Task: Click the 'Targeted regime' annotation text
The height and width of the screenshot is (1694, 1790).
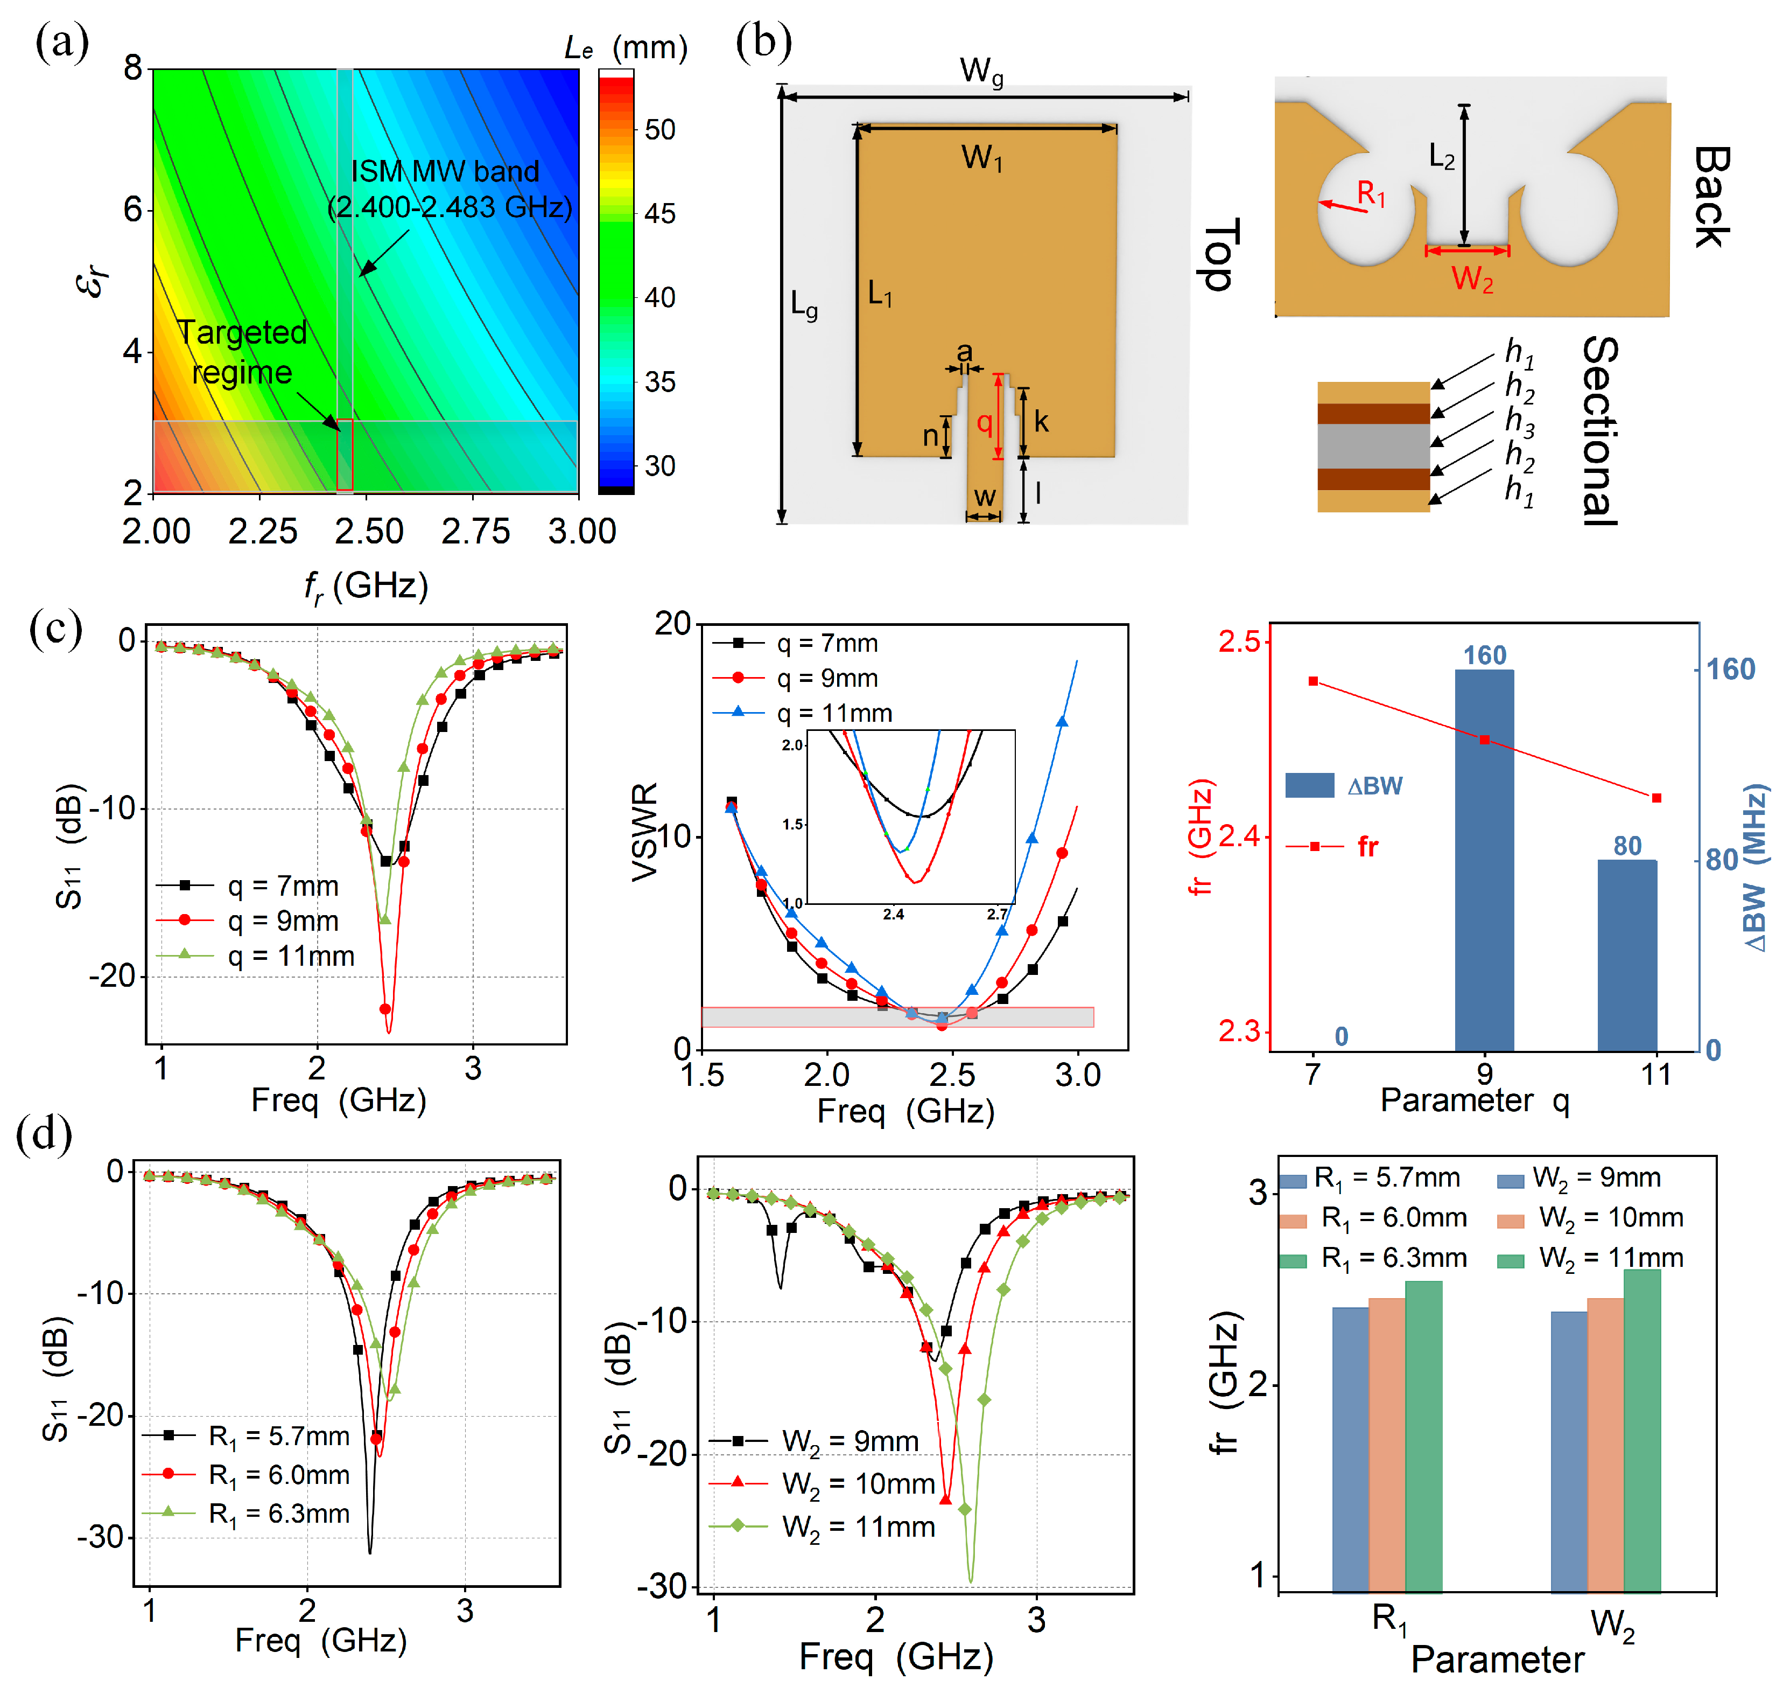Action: click(242, 352)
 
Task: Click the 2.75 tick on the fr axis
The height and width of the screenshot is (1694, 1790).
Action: click(476, 531)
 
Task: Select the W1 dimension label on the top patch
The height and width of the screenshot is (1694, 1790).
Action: click(982, 158)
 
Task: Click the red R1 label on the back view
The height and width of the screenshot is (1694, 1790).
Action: click(1371, 193)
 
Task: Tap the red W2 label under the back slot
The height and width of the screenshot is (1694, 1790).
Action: click(1472, 279)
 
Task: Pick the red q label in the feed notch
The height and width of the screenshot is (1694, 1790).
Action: click(984, 423)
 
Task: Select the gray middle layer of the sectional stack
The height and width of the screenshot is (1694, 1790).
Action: click(1373, 446)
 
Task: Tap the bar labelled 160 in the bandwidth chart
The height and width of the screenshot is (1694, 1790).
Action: click(1484, 861)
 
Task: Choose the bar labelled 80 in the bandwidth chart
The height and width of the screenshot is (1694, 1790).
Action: click(1627, 956)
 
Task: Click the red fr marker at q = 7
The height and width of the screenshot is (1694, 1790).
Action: click(1314, 681)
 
